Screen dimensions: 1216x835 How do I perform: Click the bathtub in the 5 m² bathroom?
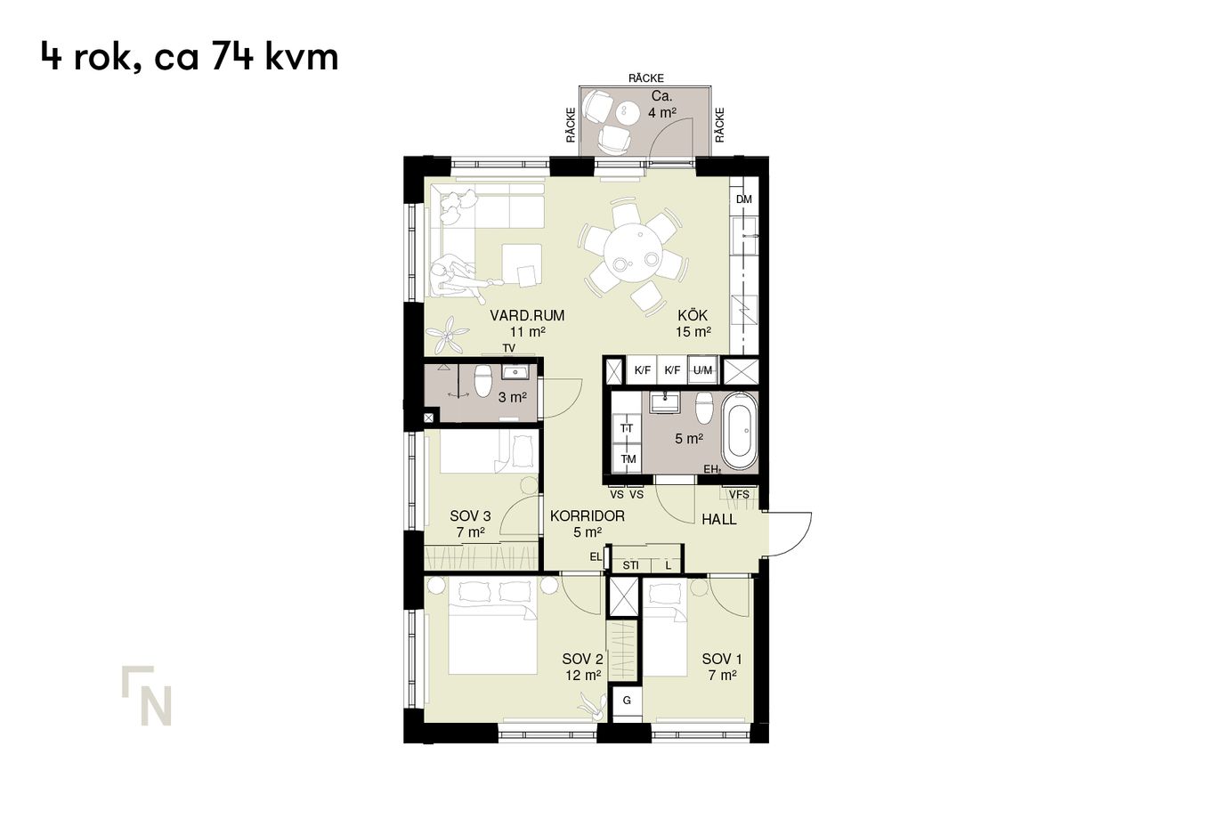pos(739,432)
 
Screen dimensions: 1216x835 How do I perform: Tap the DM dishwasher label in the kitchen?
pos(743,199)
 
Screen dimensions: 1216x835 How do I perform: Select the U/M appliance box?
pos(702,370)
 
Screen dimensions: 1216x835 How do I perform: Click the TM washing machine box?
pos(628,459)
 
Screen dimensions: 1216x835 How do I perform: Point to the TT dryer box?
pos(628,429)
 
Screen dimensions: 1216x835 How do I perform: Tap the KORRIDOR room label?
pos(588,515)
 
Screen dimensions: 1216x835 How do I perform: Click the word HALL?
pos(718,520)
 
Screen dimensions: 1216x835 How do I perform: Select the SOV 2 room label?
pos(582,659)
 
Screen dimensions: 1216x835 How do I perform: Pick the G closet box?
pos(627,701)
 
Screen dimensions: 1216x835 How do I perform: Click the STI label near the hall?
pos(630,565)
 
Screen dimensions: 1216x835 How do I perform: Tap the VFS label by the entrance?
pos(739,495)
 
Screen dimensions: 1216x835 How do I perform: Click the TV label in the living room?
pos(508,348)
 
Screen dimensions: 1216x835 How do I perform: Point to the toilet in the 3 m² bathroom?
pos(482,381)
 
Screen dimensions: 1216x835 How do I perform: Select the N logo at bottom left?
pos(147,695)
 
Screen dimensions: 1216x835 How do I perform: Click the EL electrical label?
pos(596,556)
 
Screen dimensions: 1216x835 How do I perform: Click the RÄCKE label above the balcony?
pos(646,78)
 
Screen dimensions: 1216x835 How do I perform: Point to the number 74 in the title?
pos(232,56)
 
